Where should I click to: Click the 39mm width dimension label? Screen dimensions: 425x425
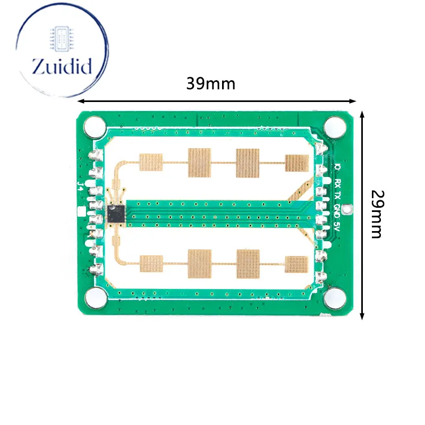pyautogui.click(x=210, y=83)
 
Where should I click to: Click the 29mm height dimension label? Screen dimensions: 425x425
pyautogui.click(x=377, y=214)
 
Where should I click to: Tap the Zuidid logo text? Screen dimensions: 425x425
pyautogui.click(x=62, y=66)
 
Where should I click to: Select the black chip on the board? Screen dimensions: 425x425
pyautogui.click(x=116, y=214)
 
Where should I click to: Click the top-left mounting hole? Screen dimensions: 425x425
pyautogui.click(x=95, y=127)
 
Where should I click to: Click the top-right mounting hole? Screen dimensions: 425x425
pyautogui.click(x=335, y=127)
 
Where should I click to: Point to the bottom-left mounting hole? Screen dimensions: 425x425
pyautogui.click(x=96, y=298)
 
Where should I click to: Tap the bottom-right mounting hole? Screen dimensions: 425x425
pyautogui.click(x=335, y=299)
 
